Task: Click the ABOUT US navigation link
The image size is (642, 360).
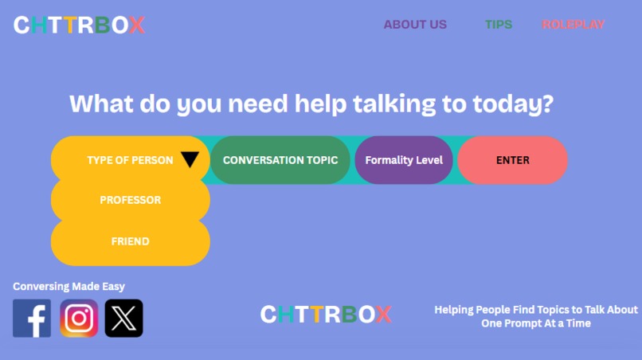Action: click(x=415, y=25)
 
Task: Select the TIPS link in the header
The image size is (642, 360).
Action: click(x=499, y=25)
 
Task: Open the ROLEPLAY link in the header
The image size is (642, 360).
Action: click(x=573, y=25)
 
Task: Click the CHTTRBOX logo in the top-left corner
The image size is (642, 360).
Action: click(x=79, y=25)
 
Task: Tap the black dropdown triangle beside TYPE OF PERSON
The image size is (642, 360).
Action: click(x=190, y=160)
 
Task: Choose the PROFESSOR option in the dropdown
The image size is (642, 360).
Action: click(x=131, y=200)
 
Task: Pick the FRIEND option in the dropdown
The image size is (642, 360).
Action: click(x=131, y=241)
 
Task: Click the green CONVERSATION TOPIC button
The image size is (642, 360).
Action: click(x=280, y=160)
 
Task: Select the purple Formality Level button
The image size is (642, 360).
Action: click(x=404, y=160)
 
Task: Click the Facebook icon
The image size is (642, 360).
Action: click(x=32, y=319)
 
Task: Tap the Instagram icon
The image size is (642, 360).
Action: click(x=79, y=319)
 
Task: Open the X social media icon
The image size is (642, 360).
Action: click(x=124, y=319)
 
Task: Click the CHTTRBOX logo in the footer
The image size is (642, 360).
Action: click(x=326, y=314)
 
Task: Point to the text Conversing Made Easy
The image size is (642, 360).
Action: click(x=69, y=287)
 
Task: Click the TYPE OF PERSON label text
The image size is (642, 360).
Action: click(x=130, y=160)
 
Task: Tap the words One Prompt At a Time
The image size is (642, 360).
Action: click(x=536, y=323)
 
